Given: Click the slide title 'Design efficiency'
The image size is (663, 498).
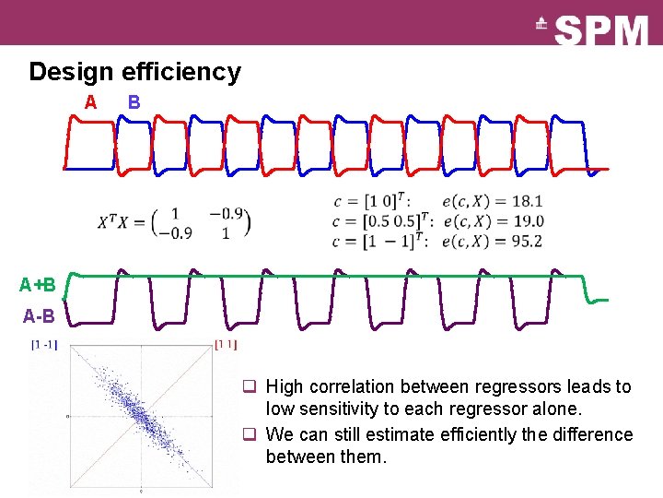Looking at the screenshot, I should (x=134, y=72).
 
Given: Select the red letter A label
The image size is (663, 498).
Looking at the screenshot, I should (x=90, y=101).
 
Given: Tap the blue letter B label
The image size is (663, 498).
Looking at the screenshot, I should (x=134, y=101).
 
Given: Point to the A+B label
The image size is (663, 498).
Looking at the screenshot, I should (x=38, y=284).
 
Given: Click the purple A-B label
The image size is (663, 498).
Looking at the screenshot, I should (x=39, y=316).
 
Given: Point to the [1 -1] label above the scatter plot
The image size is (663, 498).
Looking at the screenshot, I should (x=43, y=346).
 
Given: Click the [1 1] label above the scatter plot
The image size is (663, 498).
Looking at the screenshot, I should (x=226, y=346).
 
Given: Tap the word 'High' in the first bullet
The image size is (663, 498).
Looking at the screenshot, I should (x=285, y=386).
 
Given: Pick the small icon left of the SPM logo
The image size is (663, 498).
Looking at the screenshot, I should (x=542, y=25).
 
